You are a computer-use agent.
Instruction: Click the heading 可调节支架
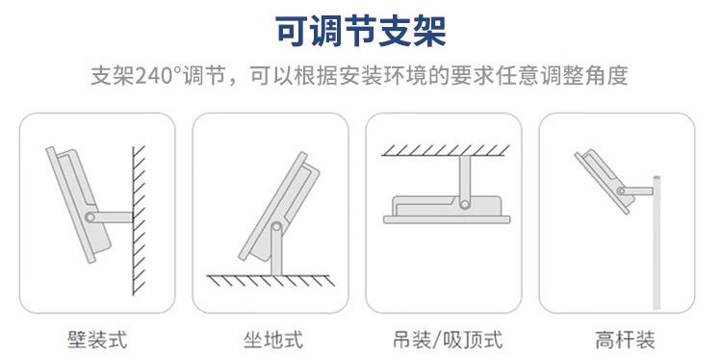(x=361, y=32)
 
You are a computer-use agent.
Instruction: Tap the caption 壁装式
(x=97, y=340)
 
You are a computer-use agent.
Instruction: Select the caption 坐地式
(x=273, y=340)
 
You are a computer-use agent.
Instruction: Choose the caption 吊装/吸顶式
(x=448, y=340)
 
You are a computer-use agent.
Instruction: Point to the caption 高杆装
(x=625, y=340)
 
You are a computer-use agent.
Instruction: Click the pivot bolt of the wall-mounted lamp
(x=90, y=218)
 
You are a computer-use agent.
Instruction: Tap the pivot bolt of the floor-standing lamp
(x=276, y=226)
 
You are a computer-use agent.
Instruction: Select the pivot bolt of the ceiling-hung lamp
(x=465, y=204)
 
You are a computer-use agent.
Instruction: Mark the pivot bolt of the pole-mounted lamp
(x=621, y=191)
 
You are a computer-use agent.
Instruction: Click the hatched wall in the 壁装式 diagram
(x=139, y=220)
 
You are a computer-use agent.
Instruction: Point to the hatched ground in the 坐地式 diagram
(x=271, y=280)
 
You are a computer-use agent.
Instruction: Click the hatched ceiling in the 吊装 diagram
(x=446, y=150)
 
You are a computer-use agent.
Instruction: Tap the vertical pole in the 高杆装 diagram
(x=657, y=243)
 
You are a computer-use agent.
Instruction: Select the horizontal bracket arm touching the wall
(x=111, y=218)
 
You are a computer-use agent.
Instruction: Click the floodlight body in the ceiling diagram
(x=447, y=210)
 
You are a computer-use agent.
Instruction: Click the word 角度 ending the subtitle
(x=607, y=76)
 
